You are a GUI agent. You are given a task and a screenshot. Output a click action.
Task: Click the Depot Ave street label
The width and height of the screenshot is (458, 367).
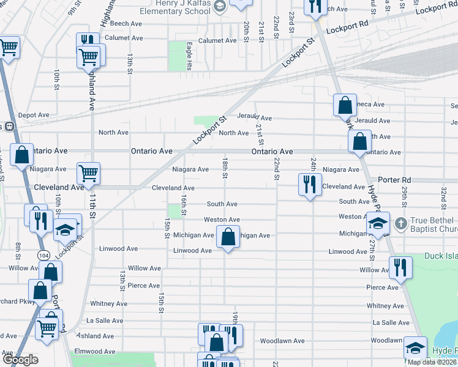click(x=34, y=115)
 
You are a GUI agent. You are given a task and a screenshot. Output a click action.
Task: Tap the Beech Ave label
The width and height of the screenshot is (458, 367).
click(x=127, y=23)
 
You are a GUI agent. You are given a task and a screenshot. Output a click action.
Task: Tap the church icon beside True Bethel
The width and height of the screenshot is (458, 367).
click(x=401, y=222)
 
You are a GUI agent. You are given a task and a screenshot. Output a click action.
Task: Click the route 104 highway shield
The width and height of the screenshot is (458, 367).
click(x=43, y=254)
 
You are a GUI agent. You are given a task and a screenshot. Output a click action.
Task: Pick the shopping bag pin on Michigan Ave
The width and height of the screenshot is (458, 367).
click(x=228, y=238)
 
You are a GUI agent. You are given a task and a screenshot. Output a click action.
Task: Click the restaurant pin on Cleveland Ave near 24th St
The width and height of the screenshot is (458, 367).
click(x=310, y=184)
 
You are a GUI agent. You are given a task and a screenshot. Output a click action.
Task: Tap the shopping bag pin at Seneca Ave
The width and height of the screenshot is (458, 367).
click(x=345, y=105)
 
